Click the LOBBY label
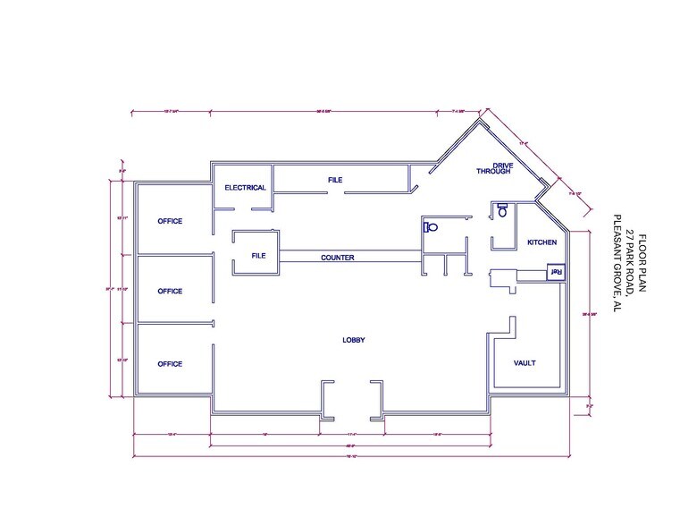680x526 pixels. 354,340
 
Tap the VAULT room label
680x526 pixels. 525,363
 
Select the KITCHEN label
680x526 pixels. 541,242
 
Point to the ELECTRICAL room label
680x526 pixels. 245,188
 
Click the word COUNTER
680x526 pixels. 338,258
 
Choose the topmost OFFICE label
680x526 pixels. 170,221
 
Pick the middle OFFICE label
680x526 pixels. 170,291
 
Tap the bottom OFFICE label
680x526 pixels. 170,364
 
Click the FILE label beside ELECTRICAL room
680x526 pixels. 335,181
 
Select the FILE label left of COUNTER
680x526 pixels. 258,257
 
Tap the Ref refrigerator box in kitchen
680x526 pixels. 555,272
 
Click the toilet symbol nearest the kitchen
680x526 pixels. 502,211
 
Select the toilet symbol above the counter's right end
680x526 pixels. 431,226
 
